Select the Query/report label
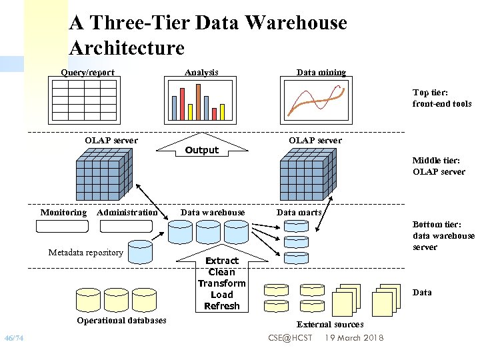87,72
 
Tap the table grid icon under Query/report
88,100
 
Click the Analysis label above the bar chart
201,72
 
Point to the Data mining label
321,72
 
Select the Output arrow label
202,150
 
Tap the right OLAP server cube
306,174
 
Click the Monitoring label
63,212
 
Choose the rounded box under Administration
126,226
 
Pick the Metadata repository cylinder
140,251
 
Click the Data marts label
299,212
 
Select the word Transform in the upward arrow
221,283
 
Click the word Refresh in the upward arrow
221,306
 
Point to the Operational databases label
121,320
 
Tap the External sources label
330,324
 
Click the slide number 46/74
14,338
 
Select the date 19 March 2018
354,338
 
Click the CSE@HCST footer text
290,338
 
